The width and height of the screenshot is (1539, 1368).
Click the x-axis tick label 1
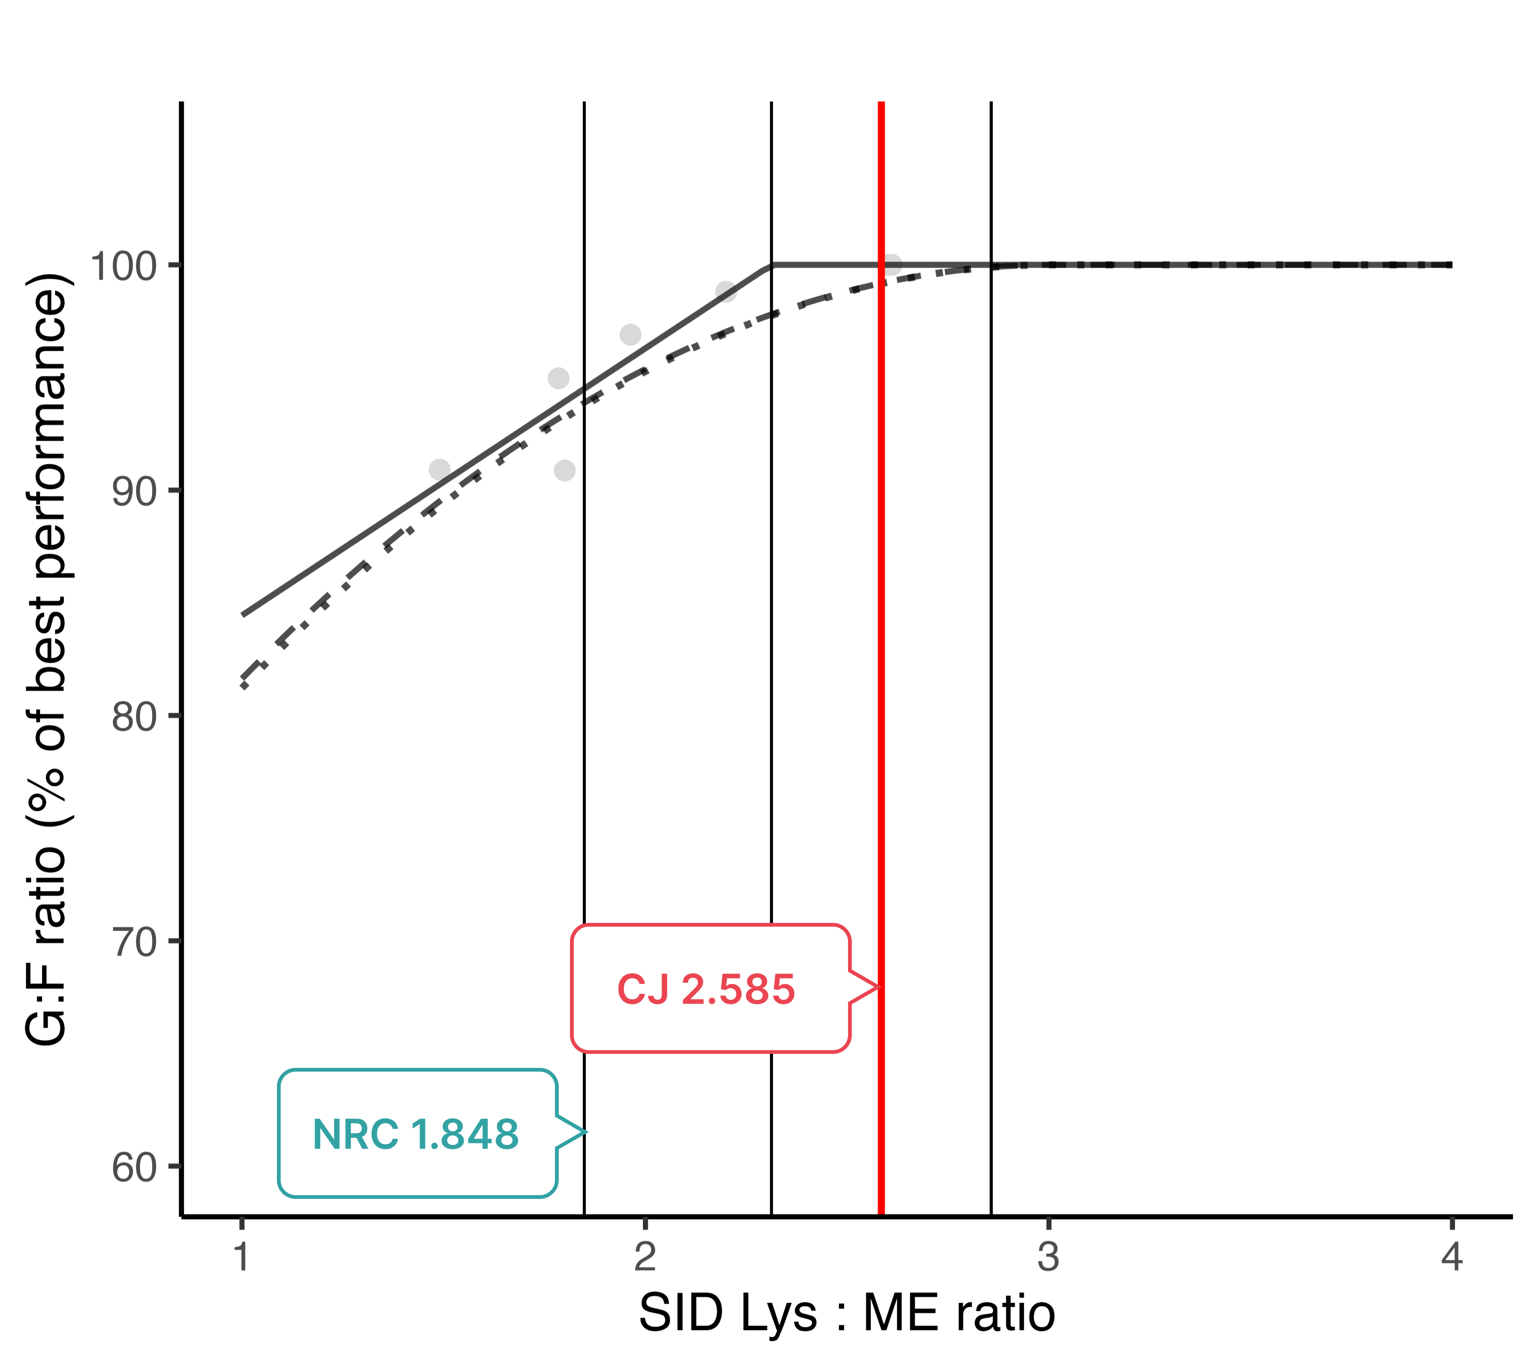[241, 1256]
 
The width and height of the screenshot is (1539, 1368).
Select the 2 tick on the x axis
[644, 1256]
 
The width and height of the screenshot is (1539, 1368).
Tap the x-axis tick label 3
[1048, 1256]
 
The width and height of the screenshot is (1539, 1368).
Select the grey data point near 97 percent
[630, 334]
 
